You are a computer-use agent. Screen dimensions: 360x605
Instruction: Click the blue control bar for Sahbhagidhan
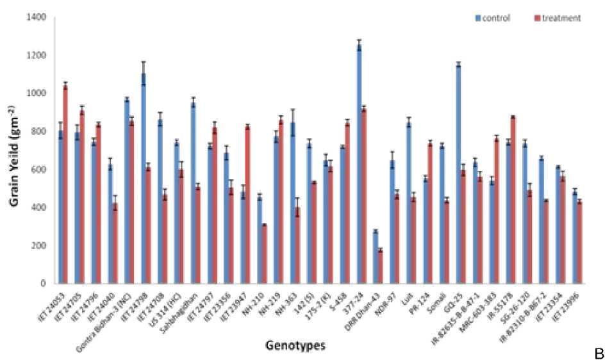(x=193, y=192)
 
